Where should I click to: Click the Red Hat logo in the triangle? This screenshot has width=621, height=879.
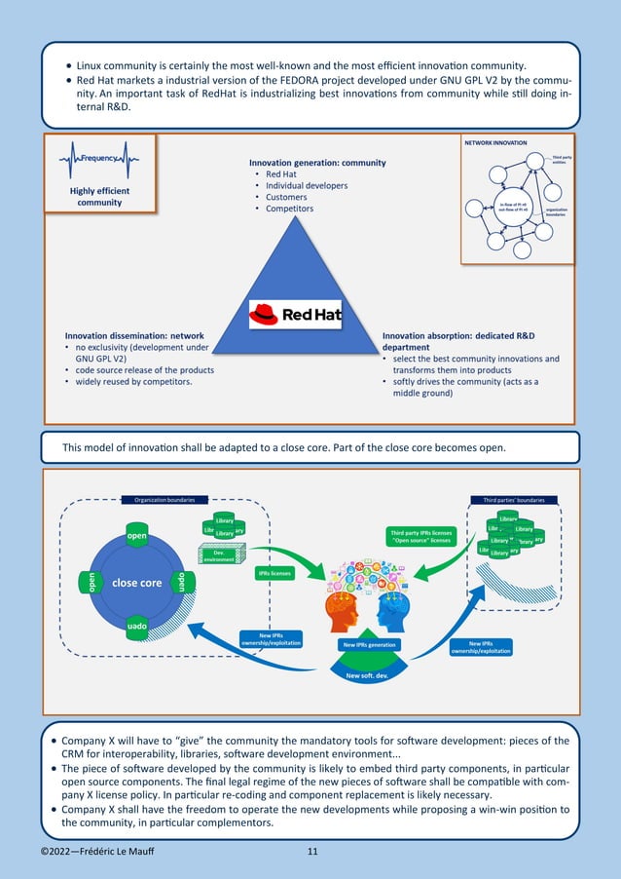pos(295,314)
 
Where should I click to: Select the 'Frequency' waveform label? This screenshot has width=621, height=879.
pos(100,158)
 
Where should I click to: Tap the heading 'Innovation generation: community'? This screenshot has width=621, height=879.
pos(317,163)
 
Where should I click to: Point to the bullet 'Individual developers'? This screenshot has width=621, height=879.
pos(307,185)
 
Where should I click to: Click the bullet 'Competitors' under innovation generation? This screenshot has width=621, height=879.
pos(290,209)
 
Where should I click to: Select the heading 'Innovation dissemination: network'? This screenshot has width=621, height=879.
pos(133,335)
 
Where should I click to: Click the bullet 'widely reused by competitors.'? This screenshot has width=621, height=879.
pos(134,382)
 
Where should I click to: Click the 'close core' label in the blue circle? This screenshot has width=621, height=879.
pos(136,583)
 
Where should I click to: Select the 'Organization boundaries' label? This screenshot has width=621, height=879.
pos(158,500)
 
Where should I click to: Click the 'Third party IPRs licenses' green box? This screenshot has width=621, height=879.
pos(420,536)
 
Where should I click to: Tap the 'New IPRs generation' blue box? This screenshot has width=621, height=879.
pos(369,645)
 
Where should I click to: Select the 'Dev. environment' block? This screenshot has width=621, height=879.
pos(218,556)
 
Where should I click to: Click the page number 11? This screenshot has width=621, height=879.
pos(312,853)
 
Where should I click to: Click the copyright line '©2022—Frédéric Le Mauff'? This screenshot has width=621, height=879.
pos(96,853)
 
